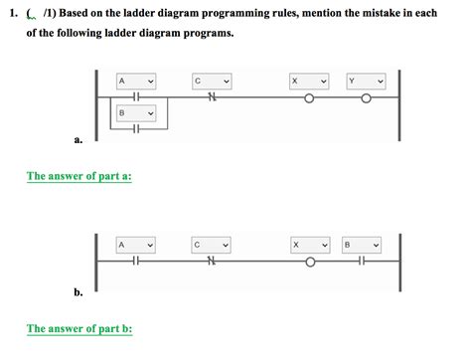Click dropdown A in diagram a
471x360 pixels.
point(136,82)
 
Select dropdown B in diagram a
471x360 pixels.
point(136,113)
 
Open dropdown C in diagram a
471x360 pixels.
point(212,82)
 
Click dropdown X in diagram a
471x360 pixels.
point(309,82)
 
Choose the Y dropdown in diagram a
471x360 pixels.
point(366,82)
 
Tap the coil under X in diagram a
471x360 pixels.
point(309,98)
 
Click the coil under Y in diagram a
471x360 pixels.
point(366,98)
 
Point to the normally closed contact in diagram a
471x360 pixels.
point(212,96)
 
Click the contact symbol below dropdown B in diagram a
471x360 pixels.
point(136,128)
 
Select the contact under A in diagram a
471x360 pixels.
point(136,96)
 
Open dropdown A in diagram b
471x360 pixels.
point(136,246)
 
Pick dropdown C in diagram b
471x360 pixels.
point(211,246)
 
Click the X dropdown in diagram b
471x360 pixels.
point(310,246)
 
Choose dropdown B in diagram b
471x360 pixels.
point(362,246)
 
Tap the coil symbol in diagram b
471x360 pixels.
point(310,263)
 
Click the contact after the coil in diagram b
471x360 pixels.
point(362,261)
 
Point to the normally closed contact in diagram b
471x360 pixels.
point(212,261)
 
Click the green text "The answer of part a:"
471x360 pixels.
point(79,176)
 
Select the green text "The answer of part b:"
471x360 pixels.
point(79,328)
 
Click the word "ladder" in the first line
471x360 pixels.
point(139,13)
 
